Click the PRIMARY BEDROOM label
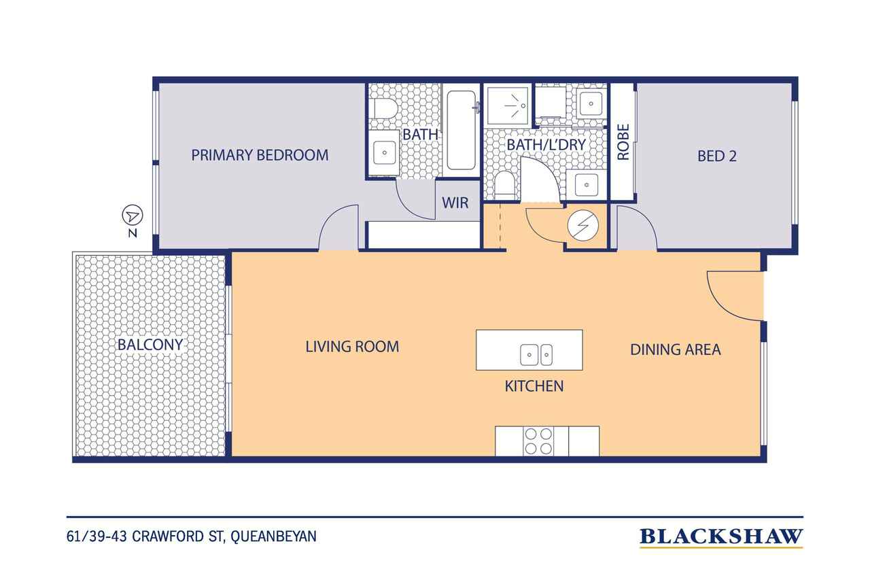[260, 156]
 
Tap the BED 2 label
[717, 156]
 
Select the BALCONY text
[150, 345]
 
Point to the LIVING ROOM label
[352, 347]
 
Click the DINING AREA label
[676, 349]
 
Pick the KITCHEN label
[534, 386]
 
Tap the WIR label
[455, 203]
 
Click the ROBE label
[623, 142]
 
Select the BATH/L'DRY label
[546, 145]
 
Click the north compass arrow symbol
[133, 216]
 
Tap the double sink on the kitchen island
[536, 355]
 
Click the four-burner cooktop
[538, 441]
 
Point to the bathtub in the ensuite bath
[461, 131]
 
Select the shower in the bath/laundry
[508, 105]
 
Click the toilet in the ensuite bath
[384, 109]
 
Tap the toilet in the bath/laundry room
[505, 186]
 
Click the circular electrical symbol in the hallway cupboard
[583, 225]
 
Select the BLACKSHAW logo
[721, 537]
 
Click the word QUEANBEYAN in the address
[273, 536]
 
